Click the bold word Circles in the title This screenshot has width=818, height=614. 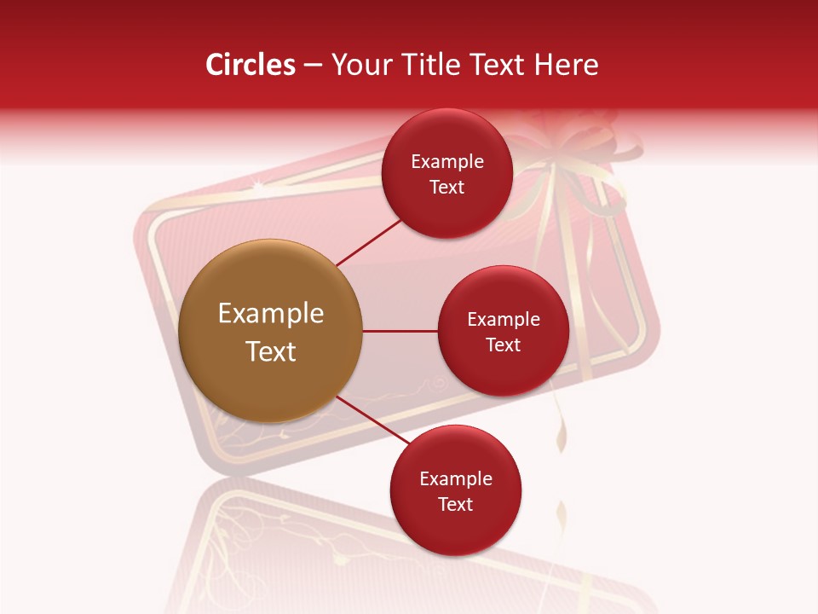250,65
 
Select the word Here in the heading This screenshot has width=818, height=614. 567,65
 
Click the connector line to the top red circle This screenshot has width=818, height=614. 370,241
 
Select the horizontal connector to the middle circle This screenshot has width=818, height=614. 400,331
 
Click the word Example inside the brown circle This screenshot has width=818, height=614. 271,314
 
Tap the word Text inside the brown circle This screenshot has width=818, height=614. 271,351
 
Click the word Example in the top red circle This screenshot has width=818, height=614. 447,162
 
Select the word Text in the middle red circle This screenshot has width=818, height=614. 503,345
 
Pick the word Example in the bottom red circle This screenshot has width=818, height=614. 456,479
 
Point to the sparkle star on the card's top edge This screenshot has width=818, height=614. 257,185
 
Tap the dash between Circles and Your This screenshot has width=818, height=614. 313,66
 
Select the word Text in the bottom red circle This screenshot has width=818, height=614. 456,505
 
